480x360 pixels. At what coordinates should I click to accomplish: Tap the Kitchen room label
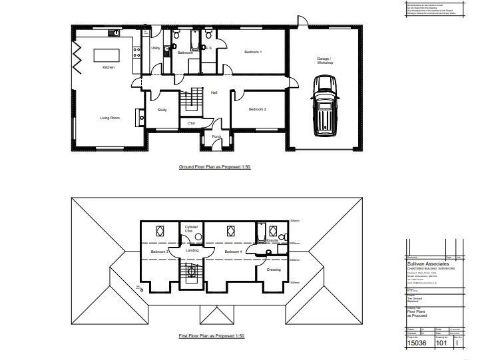click(109, 67)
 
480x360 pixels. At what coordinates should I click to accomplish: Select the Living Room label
click(110, 118)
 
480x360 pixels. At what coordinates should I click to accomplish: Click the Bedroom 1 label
click(253, 52)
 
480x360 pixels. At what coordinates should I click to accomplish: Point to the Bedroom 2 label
click(258, 109)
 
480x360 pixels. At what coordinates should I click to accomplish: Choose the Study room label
click(162, 110)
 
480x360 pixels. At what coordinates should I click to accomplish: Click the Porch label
click(216, 136)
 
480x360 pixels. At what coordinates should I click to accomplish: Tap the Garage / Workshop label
click(325, 61)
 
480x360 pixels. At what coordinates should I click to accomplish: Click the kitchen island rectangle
click(109, 55)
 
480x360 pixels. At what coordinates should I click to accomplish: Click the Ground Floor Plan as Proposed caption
click(214, 166)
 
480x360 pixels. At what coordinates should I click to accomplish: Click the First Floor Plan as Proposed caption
click(212, 336)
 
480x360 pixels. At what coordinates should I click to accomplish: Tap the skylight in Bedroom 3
click(160, 231)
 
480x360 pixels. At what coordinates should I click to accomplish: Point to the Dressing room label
click(274, 270)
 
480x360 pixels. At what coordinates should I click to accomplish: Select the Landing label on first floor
click(192, 250)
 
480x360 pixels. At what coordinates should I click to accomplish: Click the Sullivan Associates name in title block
click(427, 263)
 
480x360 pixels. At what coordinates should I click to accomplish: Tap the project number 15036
click(417, 344)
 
